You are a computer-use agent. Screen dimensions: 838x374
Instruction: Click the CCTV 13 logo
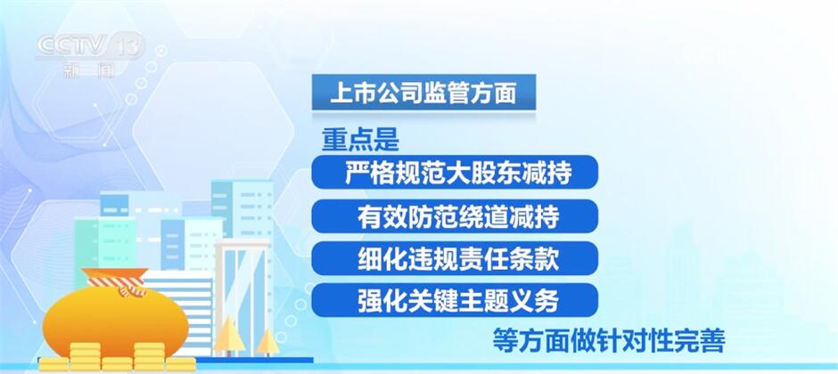(90, 54)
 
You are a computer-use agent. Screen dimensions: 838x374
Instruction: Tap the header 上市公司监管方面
(423, 93)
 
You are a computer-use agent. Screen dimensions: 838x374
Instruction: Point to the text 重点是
(360, 141)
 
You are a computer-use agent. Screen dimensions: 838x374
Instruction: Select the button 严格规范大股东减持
(455, 172)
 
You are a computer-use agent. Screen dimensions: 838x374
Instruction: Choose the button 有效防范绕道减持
(455, 216)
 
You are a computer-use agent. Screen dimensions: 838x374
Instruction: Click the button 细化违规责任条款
(455, 258)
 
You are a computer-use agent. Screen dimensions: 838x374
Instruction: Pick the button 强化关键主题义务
(455, 300)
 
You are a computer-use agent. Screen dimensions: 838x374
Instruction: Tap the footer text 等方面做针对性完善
(608, 340)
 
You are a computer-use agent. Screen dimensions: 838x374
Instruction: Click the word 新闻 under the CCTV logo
(89, 69)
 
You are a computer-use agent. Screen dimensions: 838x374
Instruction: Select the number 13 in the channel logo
(128, 45)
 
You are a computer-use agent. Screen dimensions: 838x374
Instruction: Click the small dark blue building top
(114, 205)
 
